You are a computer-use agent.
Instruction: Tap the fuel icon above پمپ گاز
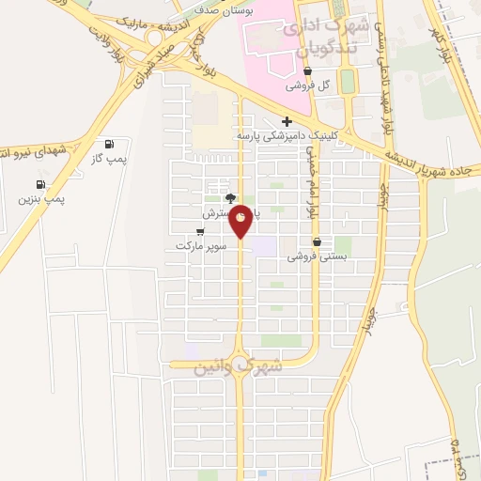click(x=111, y=145)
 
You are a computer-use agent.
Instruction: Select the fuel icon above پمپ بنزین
click(x=40, y=184)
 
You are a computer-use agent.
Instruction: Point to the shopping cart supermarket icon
click(x=200, y=231)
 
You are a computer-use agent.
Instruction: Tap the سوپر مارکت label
click(x=200, y=246)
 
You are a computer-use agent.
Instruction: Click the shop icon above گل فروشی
click(x=306, y=70)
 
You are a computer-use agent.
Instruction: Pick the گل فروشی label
click(x=311, y=85)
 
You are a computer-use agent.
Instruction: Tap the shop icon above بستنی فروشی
click(x=328, y=241)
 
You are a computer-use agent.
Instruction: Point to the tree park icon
click(x=230, y=198)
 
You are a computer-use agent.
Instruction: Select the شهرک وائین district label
click(x=239, y=366)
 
